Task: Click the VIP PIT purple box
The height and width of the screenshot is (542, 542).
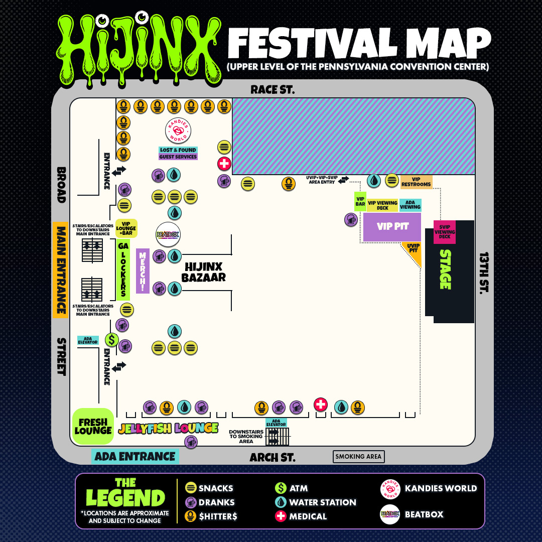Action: [392, 227]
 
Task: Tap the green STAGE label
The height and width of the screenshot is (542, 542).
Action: [445, 269]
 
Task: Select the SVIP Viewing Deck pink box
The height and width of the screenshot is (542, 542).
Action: [445, 232]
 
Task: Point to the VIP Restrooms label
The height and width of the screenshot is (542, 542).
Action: [416, 182]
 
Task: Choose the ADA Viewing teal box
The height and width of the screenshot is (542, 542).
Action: [410, 205]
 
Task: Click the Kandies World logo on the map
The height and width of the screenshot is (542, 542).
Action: [178, 130]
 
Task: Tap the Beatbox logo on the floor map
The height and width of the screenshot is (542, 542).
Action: [168, 234]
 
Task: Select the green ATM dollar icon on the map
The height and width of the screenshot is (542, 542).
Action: [111, 340]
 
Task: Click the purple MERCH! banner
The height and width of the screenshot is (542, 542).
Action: [143, 270]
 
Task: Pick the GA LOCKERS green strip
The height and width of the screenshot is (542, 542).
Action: [123, 269]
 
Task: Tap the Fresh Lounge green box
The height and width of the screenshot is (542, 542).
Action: [93, 426]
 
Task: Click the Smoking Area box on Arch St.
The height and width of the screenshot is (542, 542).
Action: [359, 457]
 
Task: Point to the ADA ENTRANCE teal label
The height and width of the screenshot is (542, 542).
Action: [135, 457]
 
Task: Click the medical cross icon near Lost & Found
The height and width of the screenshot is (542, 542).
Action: [224, 164]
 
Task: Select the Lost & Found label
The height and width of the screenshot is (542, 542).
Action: [178, 150]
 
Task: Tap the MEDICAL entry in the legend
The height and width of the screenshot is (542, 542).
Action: [301, 516]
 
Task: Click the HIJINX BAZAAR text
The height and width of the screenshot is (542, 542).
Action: [203, 272]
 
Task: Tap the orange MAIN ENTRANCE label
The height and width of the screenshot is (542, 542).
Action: [60, 270]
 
